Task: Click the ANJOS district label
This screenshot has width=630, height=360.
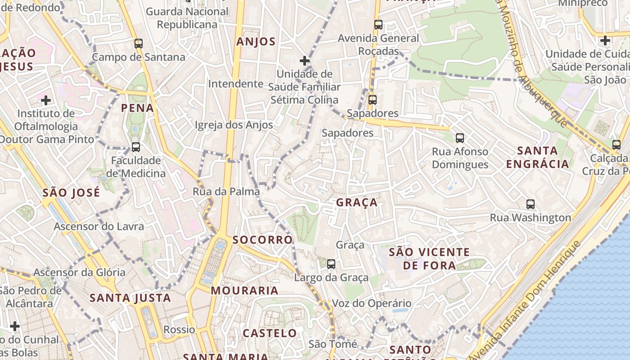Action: coord(256,42)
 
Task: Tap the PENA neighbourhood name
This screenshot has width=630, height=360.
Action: coord(137,108)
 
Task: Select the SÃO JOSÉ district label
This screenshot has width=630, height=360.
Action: coord(71,193)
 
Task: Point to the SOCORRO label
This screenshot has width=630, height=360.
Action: coord(262,240)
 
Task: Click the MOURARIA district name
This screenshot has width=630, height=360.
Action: coord(244,291)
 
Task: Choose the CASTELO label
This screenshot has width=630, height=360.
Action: coord(270,333)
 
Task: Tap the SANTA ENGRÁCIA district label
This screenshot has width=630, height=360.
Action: coord(537,157)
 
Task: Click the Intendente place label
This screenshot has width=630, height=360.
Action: coord(235,84)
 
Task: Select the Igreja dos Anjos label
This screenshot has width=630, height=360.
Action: coord(234,125)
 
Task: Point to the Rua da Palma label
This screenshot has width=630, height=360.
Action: coord(226,192)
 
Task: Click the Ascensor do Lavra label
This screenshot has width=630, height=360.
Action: coord(99,226)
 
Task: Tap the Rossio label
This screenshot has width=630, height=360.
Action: coord(179,329)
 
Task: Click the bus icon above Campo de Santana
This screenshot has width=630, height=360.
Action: coord(139,44)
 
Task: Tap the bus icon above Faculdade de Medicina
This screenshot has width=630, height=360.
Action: coord(135,147)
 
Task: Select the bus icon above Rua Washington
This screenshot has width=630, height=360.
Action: coord(531,204)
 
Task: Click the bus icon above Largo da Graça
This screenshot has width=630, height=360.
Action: coord(331,264)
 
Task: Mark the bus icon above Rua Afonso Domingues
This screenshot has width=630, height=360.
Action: coord(460,138)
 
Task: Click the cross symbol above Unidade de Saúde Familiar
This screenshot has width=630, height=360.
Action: coord(305,60)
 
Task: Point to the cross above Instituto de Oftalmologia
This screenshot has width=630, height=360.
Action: coord(46,100)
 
